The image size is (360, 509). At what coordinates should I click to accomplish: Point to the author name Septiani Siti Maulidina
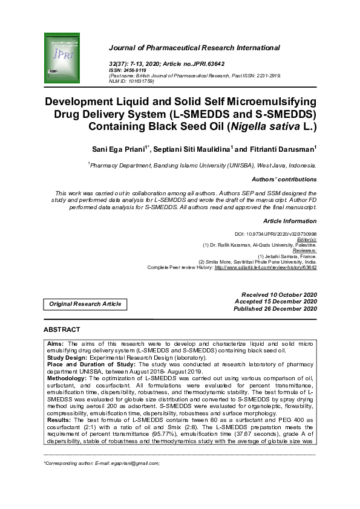pyautogui.click(x=192, y=149)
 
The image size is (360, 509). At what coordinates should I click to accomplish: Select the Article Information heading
pyautogui.click(x=290, y=222)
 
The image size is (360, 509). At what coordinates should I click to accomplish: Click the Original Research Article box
pyautogui.click(x=85, y=303)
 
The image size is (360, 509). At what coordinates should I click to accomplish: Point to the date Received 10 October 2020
pyautogui.click(x=279, y=294)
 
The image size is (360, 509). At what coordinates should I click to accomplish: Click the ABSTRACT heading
pyautogui.click(x=62, y=329)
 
